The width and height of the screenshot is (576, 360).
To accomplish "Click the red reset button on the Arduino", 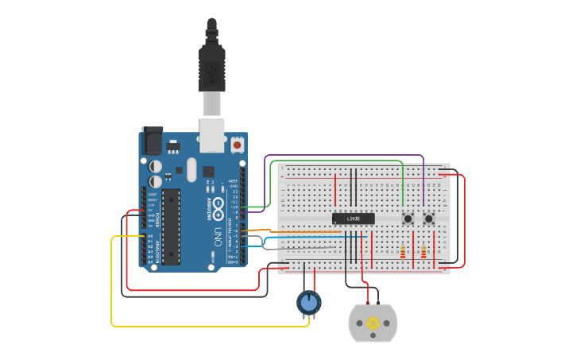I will (x=237, y=145).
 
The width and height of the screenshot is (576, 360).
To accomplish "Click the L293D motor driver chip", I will (x=353, y=219).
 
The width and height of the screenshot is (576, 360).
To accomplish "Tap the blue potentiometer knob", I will (x=308, y=302).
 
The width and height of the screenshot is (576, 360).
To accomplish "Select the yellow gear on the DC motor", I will (x=373, y=323).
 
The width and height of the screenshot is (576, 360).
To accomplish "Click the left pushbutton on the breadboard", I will (x=408, y=219).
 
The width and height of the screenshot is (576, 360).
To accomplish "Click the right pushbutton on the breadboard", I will (x=429, y=219).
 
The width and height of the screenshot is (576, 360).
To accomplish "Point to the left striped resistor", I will (x=403, y=252).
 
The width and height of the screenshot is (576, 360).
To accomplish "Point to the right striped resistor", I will (x=423, y=252).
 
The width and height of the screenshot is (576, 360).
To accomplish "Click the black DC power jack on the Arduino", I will (x=151, y=141).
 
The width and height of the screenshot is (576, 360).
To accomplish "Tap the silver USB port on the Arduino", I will (x=211, y=135).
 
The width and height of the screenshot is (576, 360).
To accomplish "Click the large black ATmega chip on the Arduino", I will (x=172, y=226).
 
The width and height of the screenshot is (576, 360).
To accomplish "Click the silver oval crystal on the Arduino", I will (x=191, y=169).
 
